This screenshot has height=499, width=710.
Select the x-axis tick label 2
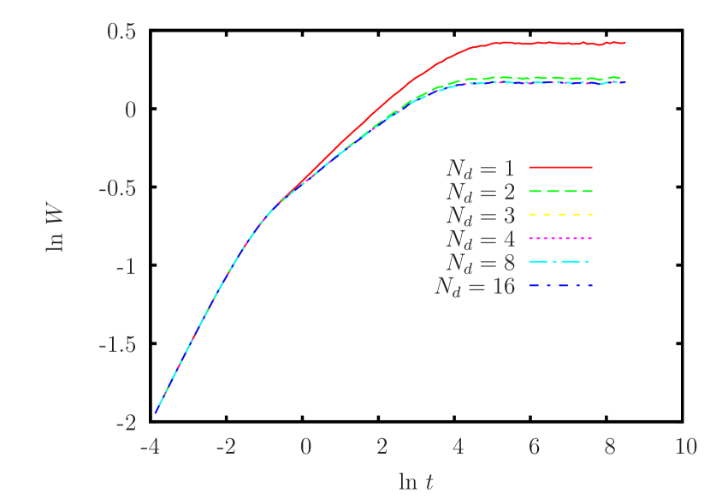pos(382,448)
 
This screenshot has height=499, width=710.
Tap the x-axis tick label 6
pos(534,448)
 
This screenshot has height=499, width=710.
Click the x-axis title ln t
pos(416,482)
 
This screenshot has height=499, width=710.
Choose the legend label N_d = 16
pos(475,286)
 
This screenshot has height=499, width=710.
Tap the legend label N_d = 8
pos(480,262)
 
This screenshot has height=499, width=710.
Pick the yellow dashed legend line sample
pos(560,214)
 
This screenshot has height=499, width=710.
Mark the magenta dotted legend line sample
pos(560,238)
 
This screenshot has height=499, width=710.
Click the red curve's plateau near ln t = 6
pos(535,43)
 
